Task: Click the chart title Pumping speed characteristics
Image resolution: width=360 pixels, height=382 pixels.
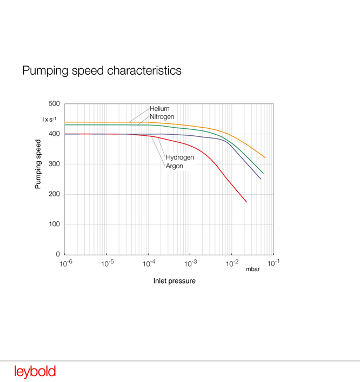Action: (x=102, y=71)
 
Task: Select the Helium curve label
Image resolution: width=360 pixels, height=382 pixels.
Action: (x=159, y=109)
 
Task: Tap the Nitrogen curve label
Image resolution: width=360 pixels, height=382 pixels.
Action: (x=162, y=116)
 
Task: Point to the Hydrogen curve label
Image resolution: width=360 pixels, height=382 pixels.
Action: (x=179, y=157)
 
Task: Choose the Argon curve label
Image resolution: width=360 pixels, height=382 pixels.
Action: (x=174, y=166)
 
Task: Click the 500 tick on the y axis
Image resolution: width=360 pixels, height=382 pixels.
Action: (x=54, y=104)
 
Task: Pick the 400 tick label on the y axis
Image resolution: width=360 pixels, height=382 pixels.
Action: (x=54, y=134)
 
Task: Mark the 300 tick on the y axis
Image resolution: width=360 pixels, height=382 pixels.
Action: (x=54, y=164)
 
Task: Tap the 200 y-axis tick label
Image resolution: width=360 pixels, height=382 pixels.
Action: (x=54, y=194)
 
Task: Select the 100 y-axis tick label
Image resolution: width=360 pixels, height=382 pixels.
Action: (x=54, y=225)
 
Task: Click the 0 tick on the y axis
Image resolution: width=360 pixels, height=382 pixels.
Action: (x=58, y=254)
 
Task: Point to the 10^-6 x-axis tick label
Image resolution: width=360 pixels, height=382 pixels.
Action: (x=65, y=264)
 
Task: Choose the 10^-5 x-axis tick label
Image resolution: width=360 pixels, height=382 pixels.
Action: (x=106, y=264)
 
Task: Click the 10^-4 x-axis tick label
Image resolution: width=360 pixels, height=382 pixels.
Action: (x=149, y=264)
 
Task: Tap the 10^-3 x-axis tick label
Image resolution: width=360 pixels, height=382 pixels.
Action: (x=190, y=264)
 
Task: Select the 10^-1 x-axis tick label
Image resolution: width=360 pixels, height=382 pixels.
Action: (x=273, y=264)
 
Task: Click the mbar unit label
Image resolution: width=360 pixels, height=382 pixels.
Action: (x=253, y=269)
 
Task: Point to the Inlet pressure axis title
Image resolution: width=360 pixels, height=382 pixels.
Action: (x=174, y=281)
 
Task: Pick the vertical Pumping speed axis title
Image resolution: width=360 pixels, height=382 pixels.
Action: (x=38, y=164)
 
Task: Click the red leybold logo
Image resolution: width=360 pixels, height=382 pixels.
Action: (x=35, y=372)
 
